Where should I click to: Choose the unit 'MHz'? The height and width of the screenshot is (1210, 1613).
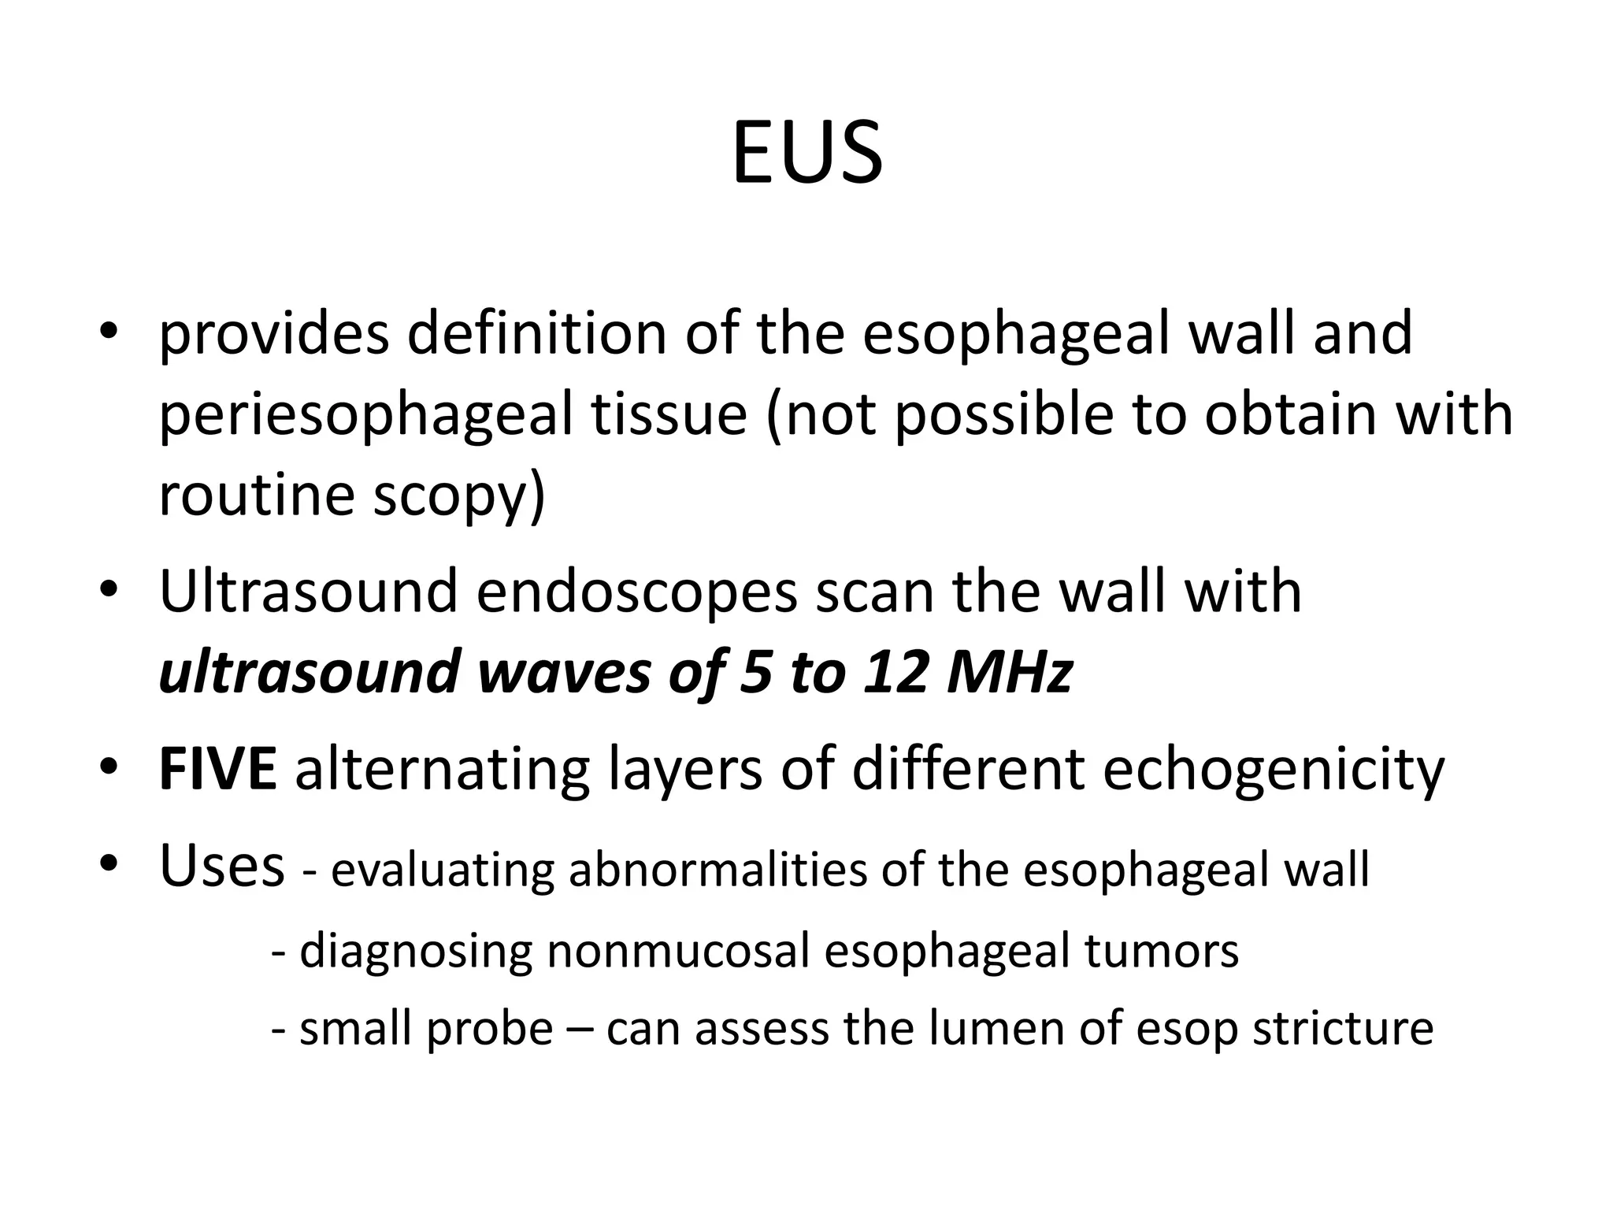tap(1010, 672)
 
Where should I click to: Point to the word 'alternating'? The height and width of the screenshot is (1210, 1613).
tap(442, 770)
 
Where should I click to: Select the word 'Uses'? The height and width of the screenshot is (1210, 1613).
tap(222, 865)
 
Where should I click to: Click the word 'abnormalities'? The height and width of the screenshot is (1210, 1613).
tap(715, 870)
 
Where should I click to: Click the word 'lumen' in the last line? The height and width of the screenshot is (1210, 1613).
tap(995, 1028)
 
